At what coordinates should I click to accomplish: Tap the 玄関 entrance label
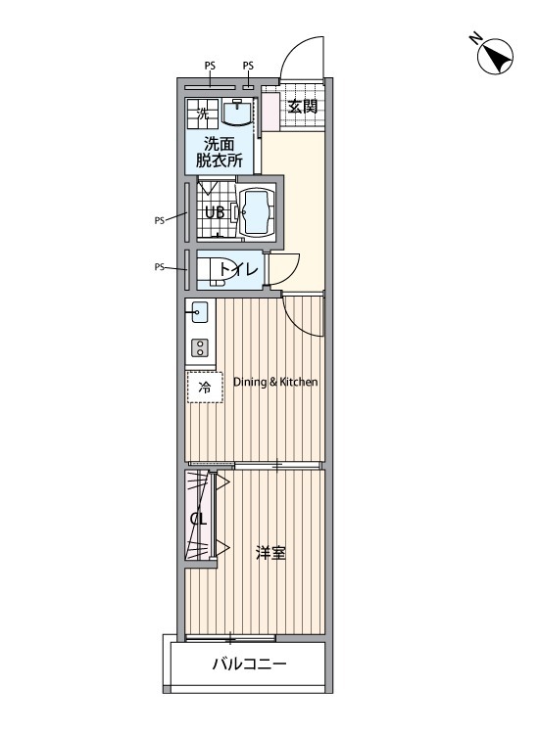[302, 107]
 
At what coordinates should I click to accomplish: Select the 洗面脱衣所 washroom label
[220, 152]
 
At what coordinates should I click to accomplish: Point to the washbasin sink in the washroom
[238, 113]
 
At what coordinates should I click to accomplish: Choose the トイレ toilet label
[239, 269]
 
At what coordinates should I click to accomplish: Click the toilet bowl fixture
[217, 269]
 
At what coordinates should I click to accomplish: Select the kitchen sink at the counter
[198, 314]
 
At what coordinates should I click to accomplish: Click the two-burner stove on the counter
[199, 347]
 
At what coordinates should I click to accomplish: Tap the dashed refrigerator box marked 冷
[205, 388]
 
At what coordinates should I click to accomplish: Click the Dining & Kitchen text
[275, 383]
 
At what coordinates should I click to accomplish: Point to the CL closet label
[198, 519]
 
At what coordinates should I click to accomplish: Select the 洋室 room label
[270, 553]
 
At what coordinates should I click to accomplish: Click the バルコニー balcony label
[249, 665]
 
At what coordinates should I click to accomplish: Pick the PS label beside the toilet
[159, 266]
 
